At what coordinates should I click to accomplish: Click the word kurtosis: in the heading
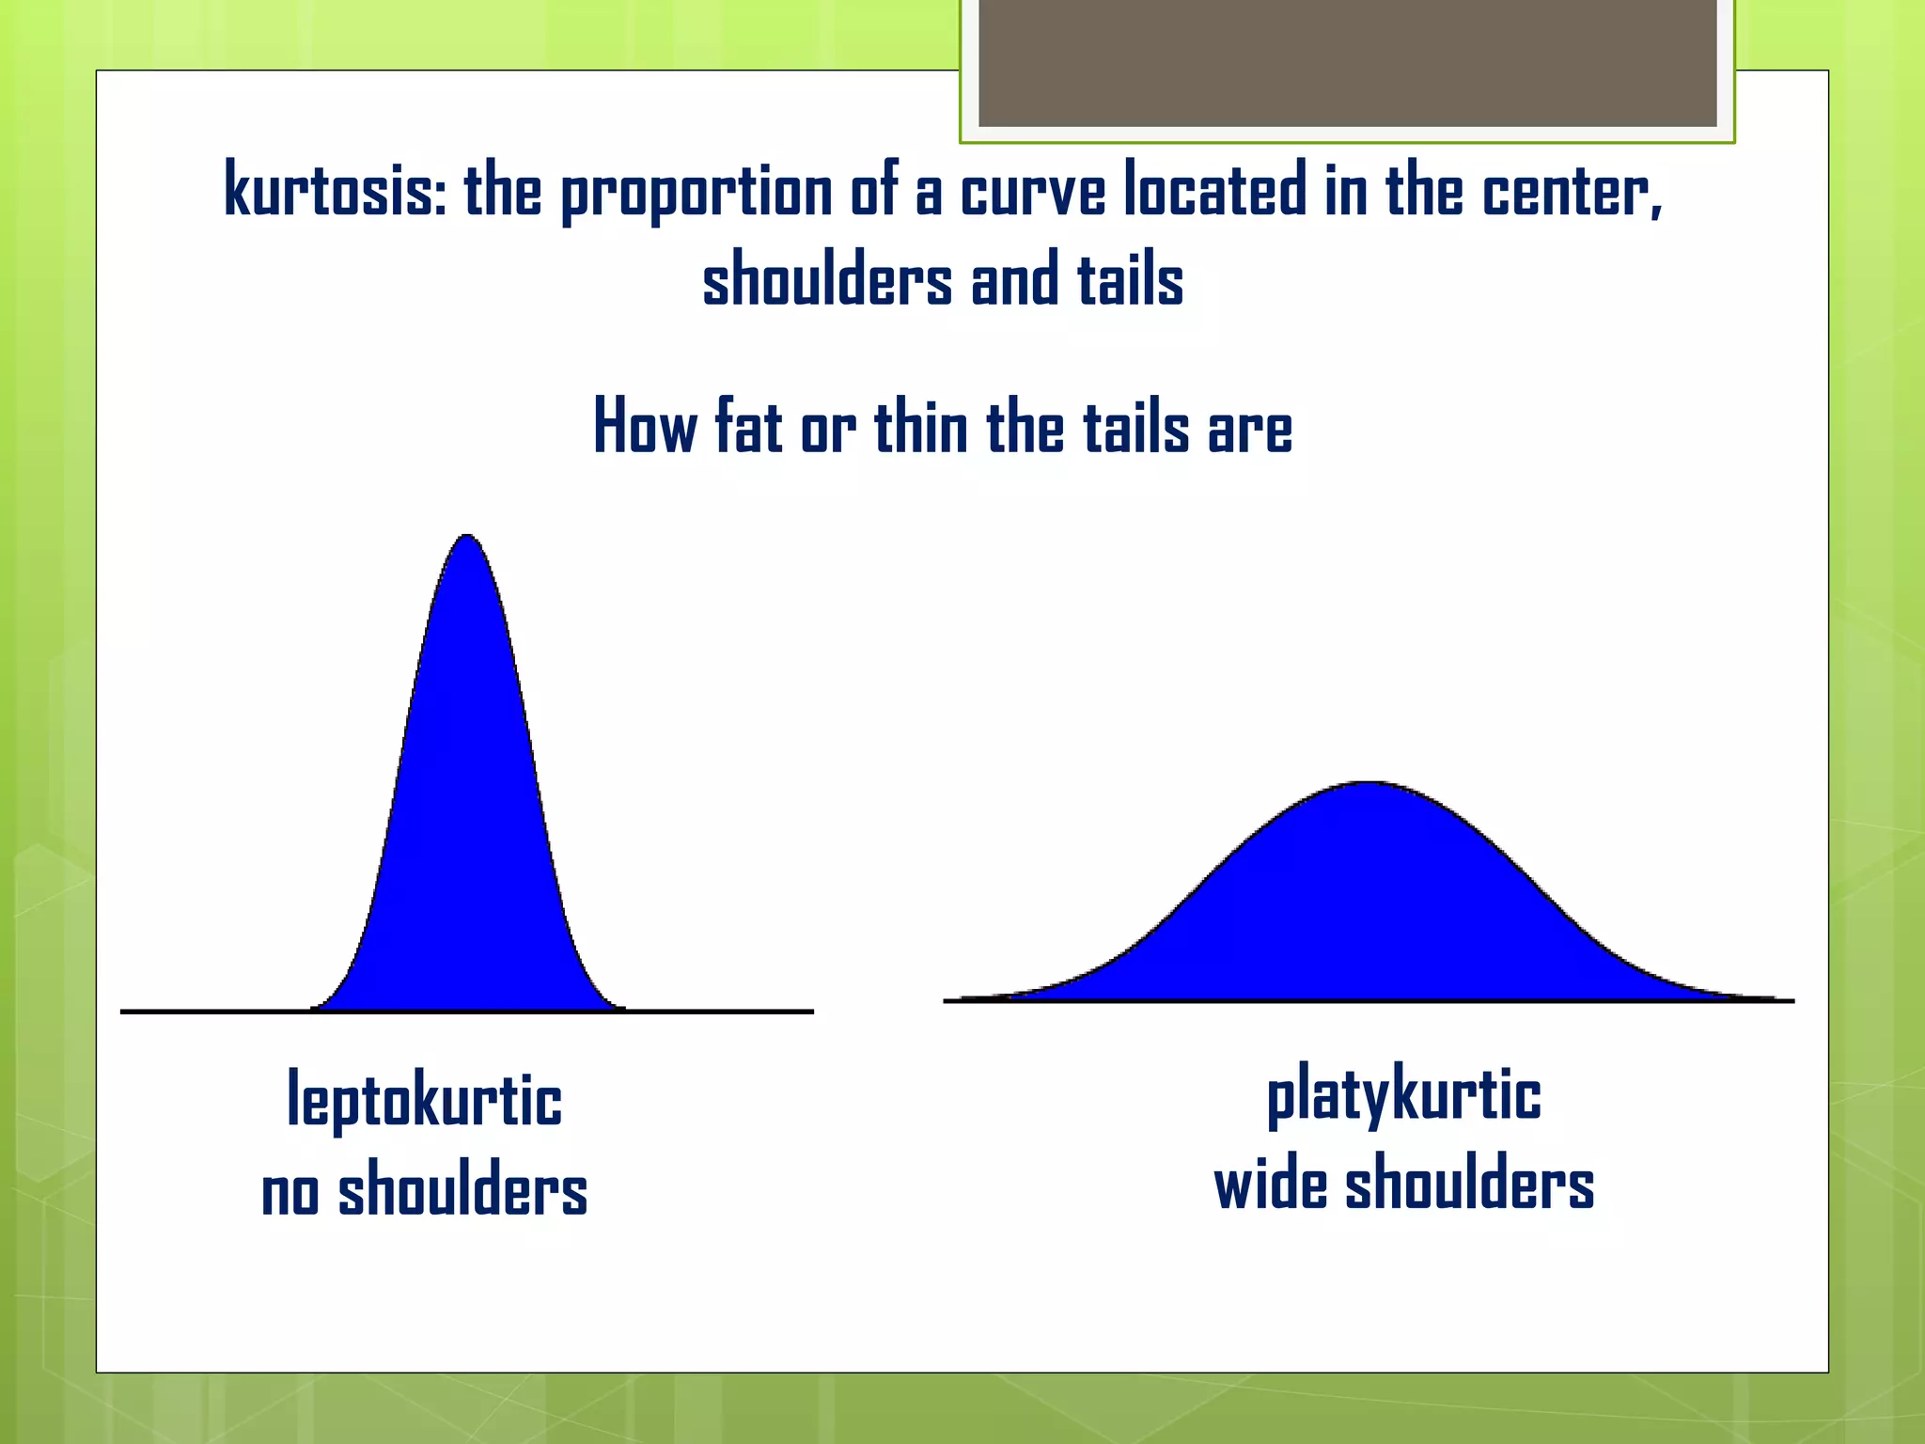tap(335, 190)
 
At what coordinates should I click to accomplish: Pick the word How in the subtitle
tap(645, 427)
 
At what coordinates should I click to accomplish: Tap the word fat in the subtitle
tap(748, 427)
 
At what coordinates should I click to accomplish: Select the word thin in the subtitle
tap(921, 427)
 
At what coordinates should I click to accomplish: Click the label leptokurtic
tap(424, 1099)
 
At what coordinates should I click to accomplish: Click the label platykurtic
tap(1403, 1095)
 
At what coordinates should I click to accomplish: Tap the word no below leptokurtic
tap(290, 1192)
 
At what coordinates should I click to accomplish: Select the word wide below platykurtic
tap(1270, 1185)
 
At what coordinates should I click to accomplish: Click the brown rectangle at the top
tap(1347, 62)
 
